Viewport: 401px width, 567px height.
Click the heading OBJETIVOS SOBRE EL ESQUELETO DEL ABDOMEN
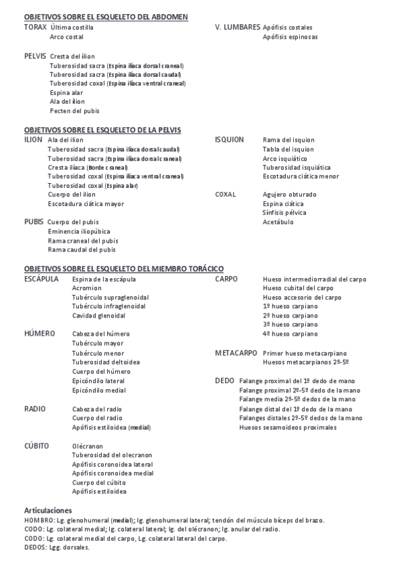coord(106,16)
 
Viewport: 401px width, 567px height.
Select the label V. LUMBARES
coord(238,27)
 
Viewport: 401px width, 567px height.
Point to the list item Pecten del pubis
coord(74,111)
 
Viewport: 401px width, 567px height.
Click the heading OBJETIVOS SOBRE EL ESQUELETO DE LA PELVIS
coord(102,130)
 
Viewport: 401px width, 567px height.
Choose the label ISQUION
coord(229,140)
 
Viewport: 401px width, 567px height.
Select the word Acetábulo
coord(278,222)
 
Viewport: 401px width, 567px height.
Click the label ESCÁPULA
coord(41,278)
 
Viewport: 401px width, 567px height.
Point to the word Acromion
coord(86,288)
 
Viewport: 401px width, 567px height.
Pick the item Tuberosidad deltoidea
coord(106,362)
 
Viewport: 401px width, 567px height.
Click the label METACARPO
coord(236,352)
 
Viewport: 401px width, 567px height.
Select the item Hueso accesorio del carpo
coord(302,297)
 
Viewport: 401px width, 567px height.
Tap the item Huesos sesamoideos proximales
coord(288,427)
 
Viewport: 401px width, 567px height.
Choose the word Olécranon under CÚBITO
coord(87,444)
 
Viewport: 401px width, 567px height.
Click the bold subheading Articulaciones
coord(48,509)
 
